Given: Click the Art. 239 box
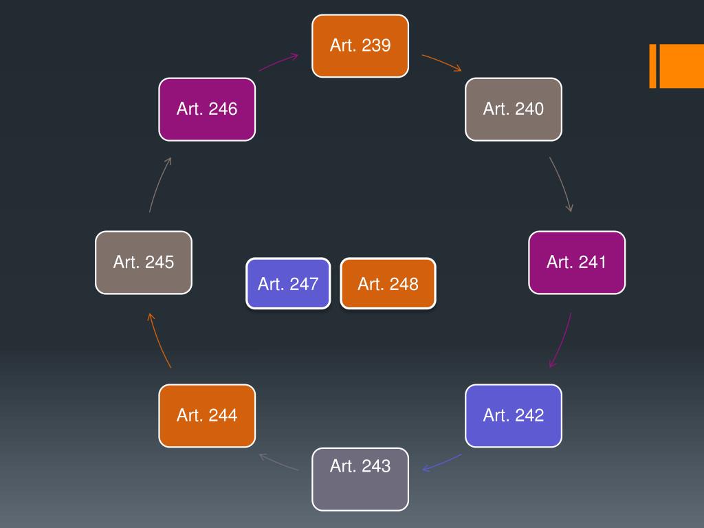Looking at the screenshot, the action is click(360, 46).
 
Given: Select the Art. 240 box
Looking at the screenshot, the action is click(513, 109).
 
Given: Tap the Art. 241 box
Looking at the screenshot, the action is click(577, 263).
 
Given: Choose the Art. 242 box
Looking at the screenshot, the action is click(513, 416).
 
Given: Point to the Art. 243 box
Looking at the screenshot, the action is click(360, 479).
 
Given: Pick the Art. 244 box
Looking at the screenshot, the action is click(207, 416).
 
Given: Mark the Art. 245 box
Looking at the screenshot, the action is click(144, 263).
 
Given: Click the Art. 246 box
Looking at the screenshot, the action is click(207, 109).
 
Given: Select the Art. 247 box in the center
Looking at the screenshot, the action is click(288, 283).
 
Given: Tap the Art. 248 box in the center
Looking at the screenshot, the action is click(388, 283).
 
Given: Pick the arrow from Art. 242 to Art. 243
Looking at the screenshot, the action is click(442, 463).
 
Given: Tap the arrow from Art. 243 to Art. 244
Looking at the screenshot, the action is click(278, 461).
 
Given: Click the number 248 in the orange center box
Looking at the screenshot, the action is click(404, 284).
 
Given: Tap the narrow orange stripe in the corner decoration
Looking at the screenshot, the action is click(653, 66).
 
